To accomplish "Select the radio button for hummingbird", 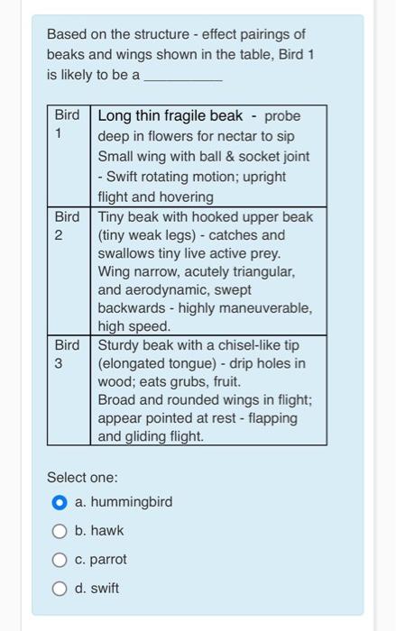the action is [60, 502].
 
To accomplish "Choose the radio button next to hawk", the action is [60, 531].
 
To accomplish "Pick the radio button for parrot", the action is [60, 560].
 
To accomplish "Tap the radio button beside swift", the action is [60, 589].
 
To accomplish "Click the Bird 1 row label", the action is [68, 124].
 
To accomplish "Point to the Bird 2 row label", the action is [68, 225].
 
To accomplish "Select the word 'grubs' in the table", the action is [186, 382].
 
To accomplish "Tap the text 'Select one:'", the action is [82, 477].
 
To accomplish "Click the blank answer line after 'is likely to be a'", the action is [183, 76].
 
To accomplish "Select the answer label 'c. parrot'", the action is [101, 560].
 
